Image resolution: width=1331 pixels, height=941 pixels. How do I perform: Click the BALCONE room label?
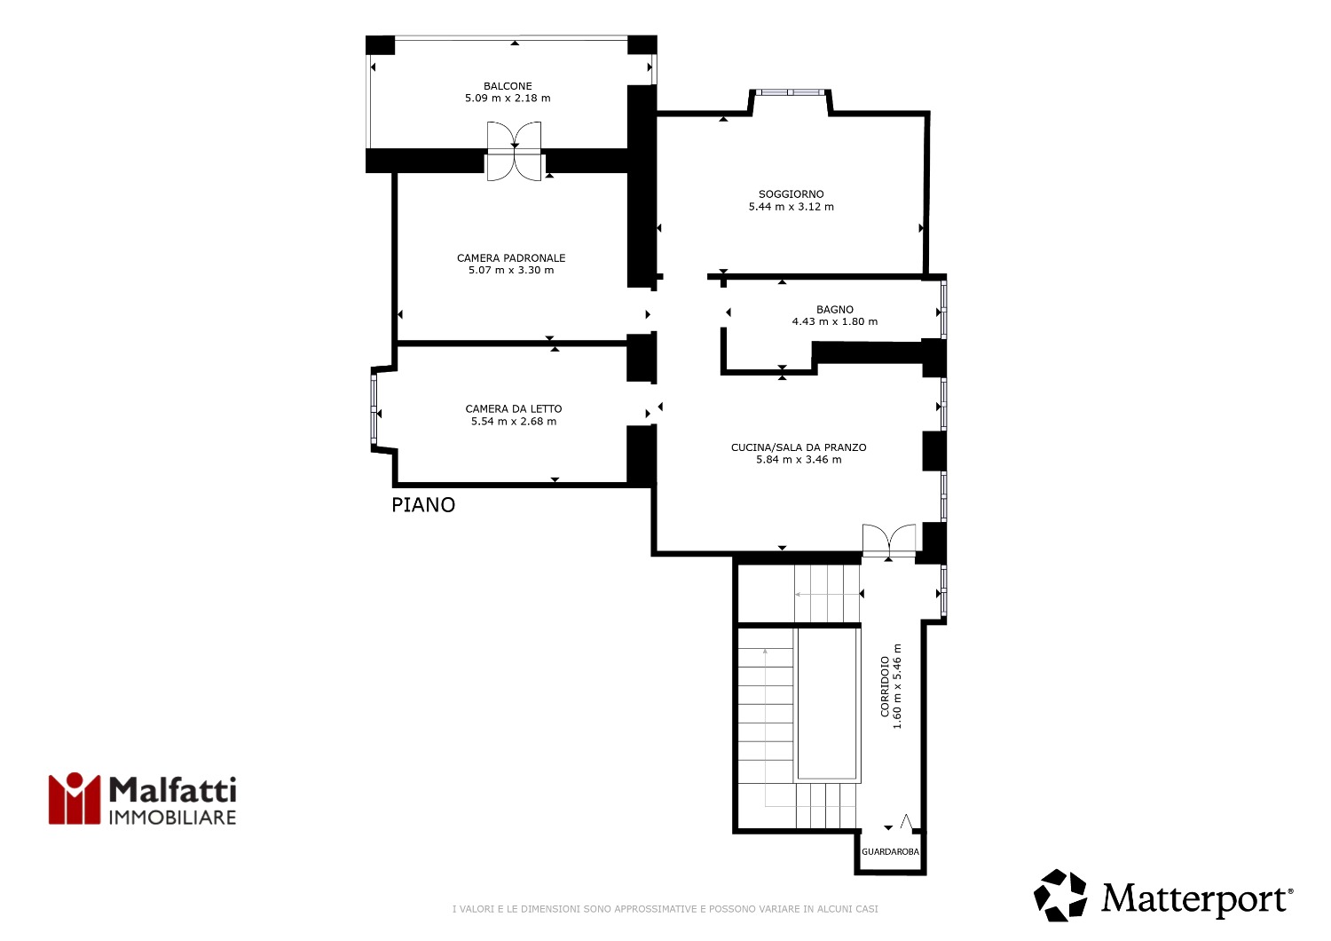(x=508, y=86)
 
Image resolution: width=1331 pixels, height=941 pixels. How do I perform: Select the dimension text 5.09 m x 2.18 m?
(x=508, y=98)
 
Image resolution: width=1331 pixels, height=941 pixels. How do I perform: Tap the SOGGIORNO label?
(x=791, y=194)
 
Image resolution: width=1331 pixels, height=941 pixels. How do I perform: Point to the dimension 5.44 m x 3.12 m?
(x=791, y=207)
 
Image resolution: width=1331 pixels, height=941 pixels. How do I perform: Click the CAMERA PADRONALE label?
(x=511, y=258)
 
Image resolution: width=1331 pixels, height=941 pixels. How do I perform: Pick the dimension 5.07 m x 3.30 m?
(x=511, y=271)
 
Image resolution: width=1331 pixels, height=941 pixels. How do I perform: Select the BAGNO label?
(x=835, y=310)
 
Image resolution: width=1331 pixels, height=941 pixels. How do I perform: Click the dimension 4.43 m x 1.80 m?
(x=835, y=321)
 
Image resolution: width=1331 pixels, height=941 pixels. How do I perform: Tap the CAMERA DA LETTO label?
(x=514, y=409)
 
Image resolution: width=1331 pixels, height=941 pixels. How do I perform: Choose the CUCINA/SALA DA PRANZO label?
(x=799, y=447)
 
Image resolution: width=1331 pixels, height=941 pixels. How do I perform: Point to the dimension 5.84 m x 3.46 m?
(x=799, y=460)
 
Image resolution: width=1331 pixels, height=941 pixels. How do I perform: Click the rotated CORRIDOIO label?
(x=886, y=686)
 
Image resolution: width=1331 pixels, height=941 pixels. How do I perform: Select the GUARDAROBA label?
(x=890, y=852)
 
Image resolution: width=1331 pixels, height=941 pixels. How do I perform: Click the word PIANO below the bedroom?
(x=423, y=505)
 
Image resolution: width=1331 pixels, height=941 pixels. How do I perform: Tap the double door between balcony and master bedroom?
(x=515, y=152)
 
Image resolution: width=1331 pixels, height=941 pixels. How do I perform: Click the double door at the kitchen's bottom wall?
(x=889, y=541)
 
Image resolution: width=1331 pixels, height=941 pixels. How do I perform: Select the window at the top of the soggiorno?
(x=790, y=92)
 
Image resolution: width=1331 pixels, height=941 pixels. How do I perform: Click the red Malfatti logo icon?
(x=75, y=798)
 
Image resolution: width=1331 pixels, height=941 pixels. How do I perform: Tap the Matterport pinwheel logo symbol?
(x=1060, y=895)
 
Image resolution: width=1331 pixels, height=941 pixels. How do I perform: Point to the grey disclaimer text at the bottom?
(x=665, y=909)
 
